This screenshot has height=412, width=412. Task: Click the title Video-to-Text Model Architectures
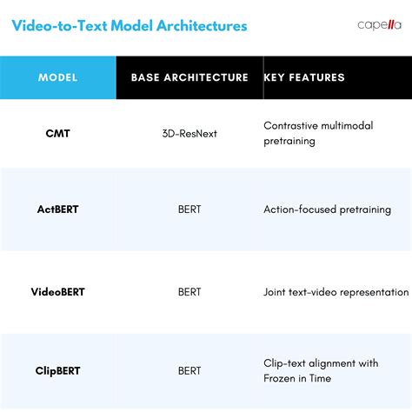(129, 25)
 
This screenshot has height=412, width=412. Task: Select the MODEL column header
(58, 77)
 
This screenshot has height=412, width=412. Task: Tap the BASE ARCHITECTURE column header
(189, 77)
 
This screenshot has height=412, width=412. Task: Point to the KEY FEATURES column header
(304, 77)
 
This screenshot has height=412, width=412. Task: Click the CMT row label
(58, 133)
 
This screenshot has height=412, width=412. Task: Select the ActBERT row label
(58, 209)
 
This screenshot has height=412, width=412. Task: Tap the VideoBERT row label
(58, 292)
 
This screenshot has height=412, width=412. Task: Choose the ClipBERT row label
(58, 370)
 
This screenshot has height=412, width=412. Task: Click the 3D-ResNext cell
(189, 133)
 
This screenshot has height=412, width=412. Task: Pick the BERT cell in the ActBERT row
(189, 209)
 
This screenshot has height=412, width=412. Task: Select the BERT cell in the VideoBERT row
(189, 292)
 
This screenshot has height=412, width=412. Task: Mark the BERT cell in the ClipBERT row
(189, 370)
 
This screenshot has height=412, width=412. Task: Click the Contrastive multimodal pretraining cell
(318, 133)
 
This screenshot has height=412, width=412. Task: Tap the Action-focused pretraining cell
(327, 209)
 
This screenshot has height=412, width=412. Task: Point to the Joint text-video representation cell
(336, 292)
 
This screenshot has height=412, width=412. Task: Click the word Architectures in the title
(202, 25)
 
